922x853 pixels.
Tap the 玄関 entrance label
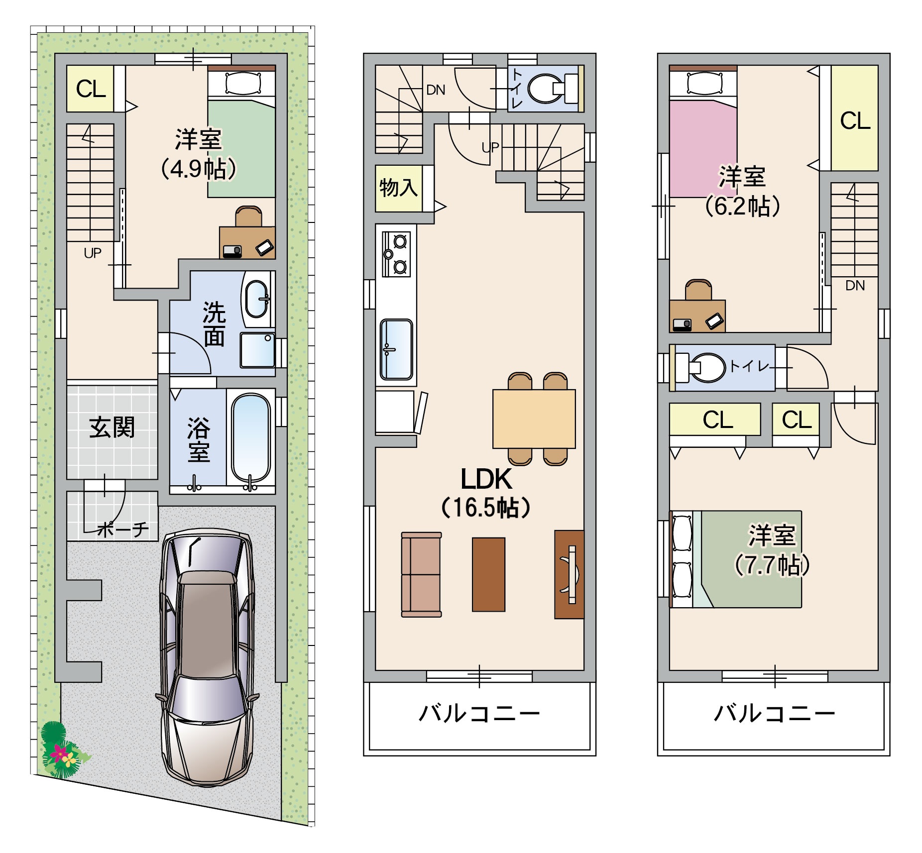click(112, 427)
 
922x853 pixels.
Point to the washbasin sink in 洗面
click(258, 299)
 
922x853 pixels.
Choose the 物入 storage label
click(398, 188)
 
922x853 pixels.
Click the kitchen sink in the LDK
click(396, 349)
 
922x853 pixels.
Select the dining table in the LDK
click(534, 419)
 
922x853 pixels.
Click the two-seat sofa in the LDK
click(421, 574)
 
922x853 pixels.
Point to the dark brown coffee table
click(488, 574)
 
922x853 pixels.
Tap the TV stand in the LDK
click(569, 574)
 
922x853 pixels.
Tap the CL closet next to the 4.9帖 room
click(91, 89)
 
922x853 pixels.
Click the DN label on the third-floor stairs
click(855, 286)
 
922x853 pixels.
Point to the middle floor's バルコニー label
click(479, 714)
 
